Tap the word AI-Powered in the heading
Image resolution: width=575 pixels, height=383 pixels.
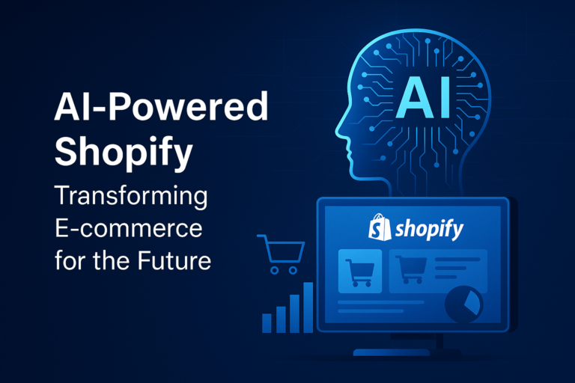point(160,108)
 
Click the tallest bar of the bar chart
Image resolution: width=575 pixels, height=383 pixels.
point(308,307)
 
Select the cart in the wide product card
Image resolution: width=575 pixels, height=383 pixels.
point(411,269)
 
